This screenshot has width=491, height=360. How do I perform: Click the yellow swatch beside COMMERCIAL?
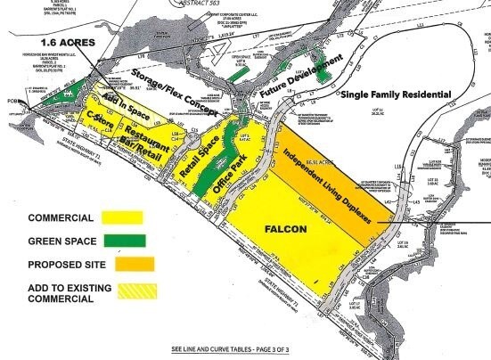pos(124,217)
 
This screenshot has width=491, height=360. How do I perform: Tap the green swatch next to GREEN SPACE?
pos(124,241)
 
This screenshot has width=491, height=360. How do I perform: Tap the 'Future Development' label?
pos(301,80)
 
